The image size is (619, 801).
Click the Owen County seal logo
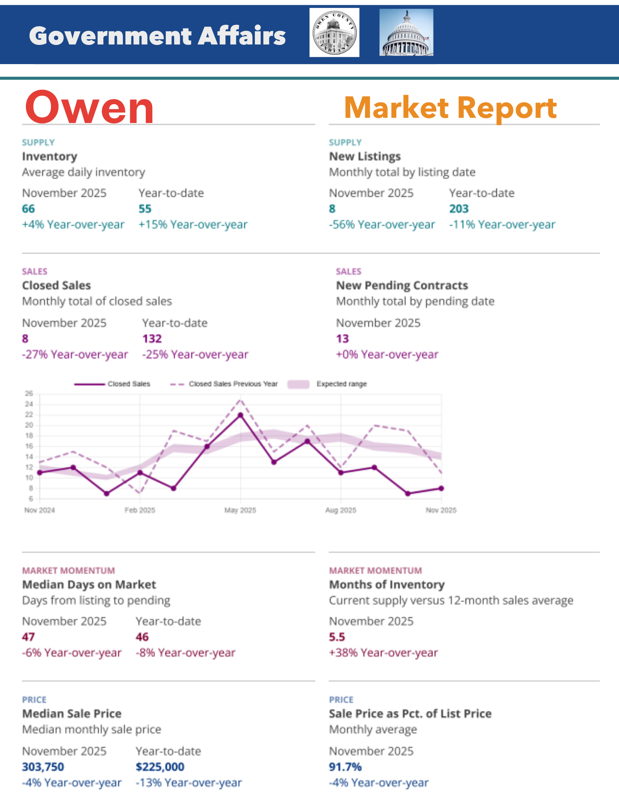pyautogui.click(x=334, y=32)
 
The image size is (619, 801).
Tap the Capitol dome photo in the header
pyautogui.click(x=406, y=32)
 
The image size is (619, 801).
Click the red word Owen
pyautogui.click(x=89, y=107)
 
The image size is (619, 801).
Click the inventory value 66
pyautogui.click(x=28, y=209)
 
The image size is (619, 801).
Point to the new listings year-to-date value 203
pyautogui.click(x=459, y=209)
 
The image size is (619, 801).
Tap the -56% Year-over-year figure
pyautogui.click(x=382, y=224)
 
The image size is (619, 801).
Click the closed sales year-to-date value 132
pyautogui.click(x=152, y=339)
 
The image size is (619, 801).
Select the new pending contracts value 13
pyautogui.click(x=343, y=339)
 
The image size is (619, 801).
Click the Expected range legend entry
pyautogui.click(x=341, y=384)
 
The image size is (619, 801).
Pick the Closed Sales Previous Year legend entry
pyautogui.click(x=233, y=384)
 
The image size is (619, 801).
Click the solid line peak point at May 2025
pyautogui.click(x=240, y=415)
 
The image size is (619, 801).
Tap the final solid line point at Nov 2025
pyautogui.click(x=441, y=488)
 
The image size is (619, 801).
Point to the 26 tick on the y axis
pyautogui.click(x=29, y=393)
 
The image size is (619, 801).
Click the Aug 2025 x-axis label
pyautogui.click(x=341, y=510)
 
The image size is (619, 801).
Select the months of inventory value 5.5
pyautogui.click(x=337, y=637)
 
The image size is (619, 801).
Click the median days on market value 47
pyautogui.click(x=28, y=637)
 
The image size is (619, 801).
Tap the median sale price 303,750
pyautogui.click(x=43, y=767)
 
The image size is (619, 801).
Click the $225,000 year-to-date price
pyautogui.click(x=160, y=767)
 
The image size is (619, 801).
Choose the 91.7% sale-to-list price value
pyautogui.click(x=345, y=767)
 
